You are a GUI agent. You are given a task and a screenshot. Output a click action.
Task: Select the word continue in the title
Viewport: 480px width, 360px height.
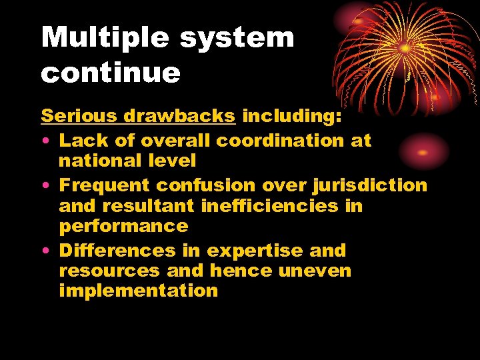click(x=111, y=73)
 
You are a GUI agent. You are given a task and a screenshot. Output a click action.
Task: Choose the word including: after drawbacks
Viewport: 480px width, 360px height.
click(x=292, y=116)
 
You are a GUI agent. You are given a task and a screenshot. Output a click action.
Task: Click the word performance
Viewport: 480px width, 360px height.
click(x=124, y=226)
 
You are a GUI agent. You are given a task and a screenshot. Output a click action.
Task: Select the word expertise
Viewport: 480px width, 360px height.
click(x=255, y=251)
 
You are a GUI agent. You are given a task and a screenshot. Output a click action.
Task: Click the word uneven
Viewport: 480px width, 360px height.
click(x=315, y=271)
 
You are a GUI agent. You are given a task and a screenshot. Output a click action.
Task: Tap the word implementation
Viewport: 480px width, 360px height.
click(x=139, y=291)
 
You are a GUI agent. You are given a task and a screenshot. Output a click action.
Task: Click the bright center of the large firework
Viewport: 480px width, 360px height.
click(x=405, y=48)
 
